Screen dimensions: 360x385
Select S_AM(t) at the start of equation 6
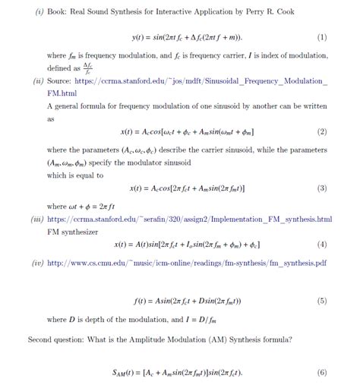tap(124, 373)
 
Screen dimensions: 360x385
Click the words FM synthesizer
tap(71, 231)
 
